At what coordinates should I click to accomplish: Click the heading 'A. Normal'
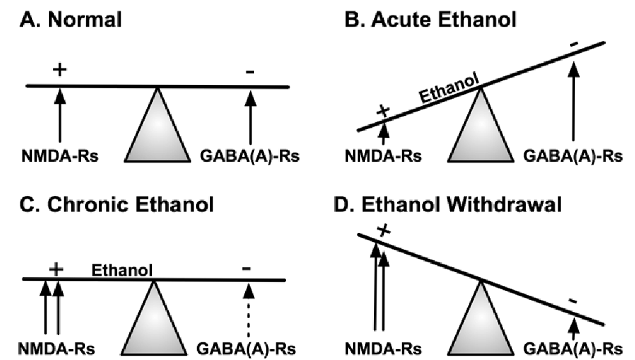coord(70,20)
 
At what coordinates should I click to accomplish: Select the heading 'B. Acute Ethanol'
coord(431,20)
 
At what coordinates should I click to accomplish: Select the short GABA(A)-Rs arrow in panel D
coord(575,327)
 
